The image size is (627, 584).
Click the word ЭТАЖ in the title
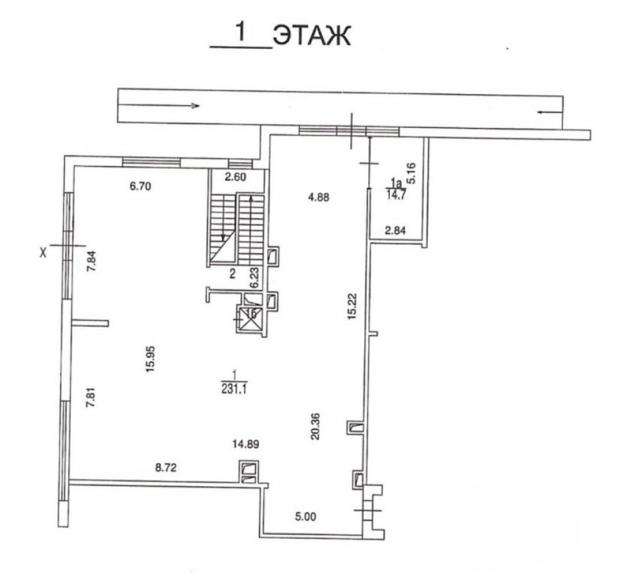click(312, 36)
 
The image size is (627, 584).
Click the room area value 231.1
click(234, 389)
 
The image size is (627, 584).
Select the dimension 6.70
click(140, 186)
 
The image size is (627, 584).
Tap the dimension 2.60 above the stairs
click(235, 177)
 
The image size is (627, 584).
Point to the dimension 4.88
click(318, 197)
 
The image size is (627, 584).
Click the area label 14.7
click(396, 196)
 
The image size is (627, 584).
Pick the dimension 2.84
click(395, 230)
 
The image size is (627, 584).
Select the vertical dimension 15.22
click(352, 306)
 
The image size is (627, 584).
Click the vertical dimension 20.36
click(315, 427)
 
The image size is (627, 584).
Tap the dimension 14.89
click(246, 443)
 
